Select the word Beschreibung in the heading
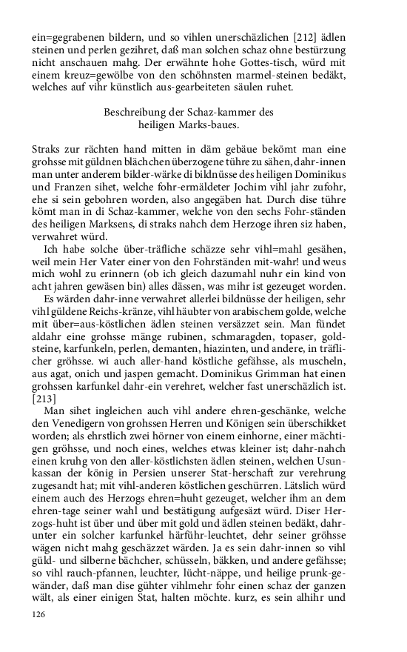134,112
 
